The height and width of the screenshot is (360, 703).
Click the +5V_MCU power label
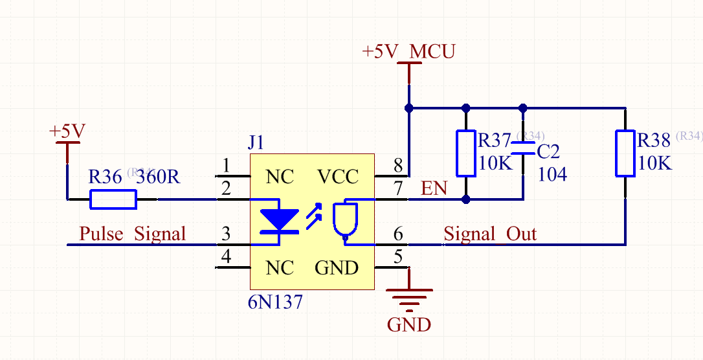tap(408, 52)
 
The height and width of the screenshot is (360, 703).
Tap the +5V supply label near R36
tap(67, 131)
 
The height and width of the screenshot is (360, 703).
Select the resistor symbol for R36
tap(113, 199)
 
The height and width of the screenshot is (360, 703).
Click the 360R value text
tap(157, 177)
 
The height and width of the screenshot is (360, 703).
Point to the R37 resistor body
tap(466, 153)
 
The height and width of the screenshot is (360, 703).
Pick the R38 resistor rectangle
tap(625, 153)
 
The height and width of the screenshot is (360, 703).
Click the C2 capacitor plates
tap(523, 148)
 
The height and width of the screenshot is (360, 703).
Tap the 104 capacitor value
tap(553, 174)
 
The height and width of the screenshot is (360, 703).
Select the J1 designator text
tap(256, 142)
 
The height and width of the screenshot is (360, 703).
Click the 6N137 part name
tap(275, 302)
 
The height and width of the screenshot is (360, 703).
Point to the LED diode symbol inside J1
tap(280, 220)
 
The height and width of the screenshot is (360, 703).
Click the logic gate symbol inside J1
tap(344, 220)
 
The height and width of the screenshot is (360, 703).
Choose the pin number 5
tap(398, 256)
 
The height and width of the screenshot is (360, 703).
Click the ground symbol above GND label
tap(408, 298)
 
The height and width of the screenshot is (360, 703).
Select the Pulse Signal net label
tap(132, 234)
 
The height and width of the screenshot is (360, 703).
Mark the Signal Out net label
tap(490, 234)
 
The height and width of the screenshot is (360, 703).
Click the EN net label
tap(434, 189)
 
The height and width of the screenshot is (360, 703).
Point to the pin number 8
tap(398, 166)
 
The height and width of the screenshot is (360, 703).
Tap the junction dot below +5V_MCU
tap(408, 107)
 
